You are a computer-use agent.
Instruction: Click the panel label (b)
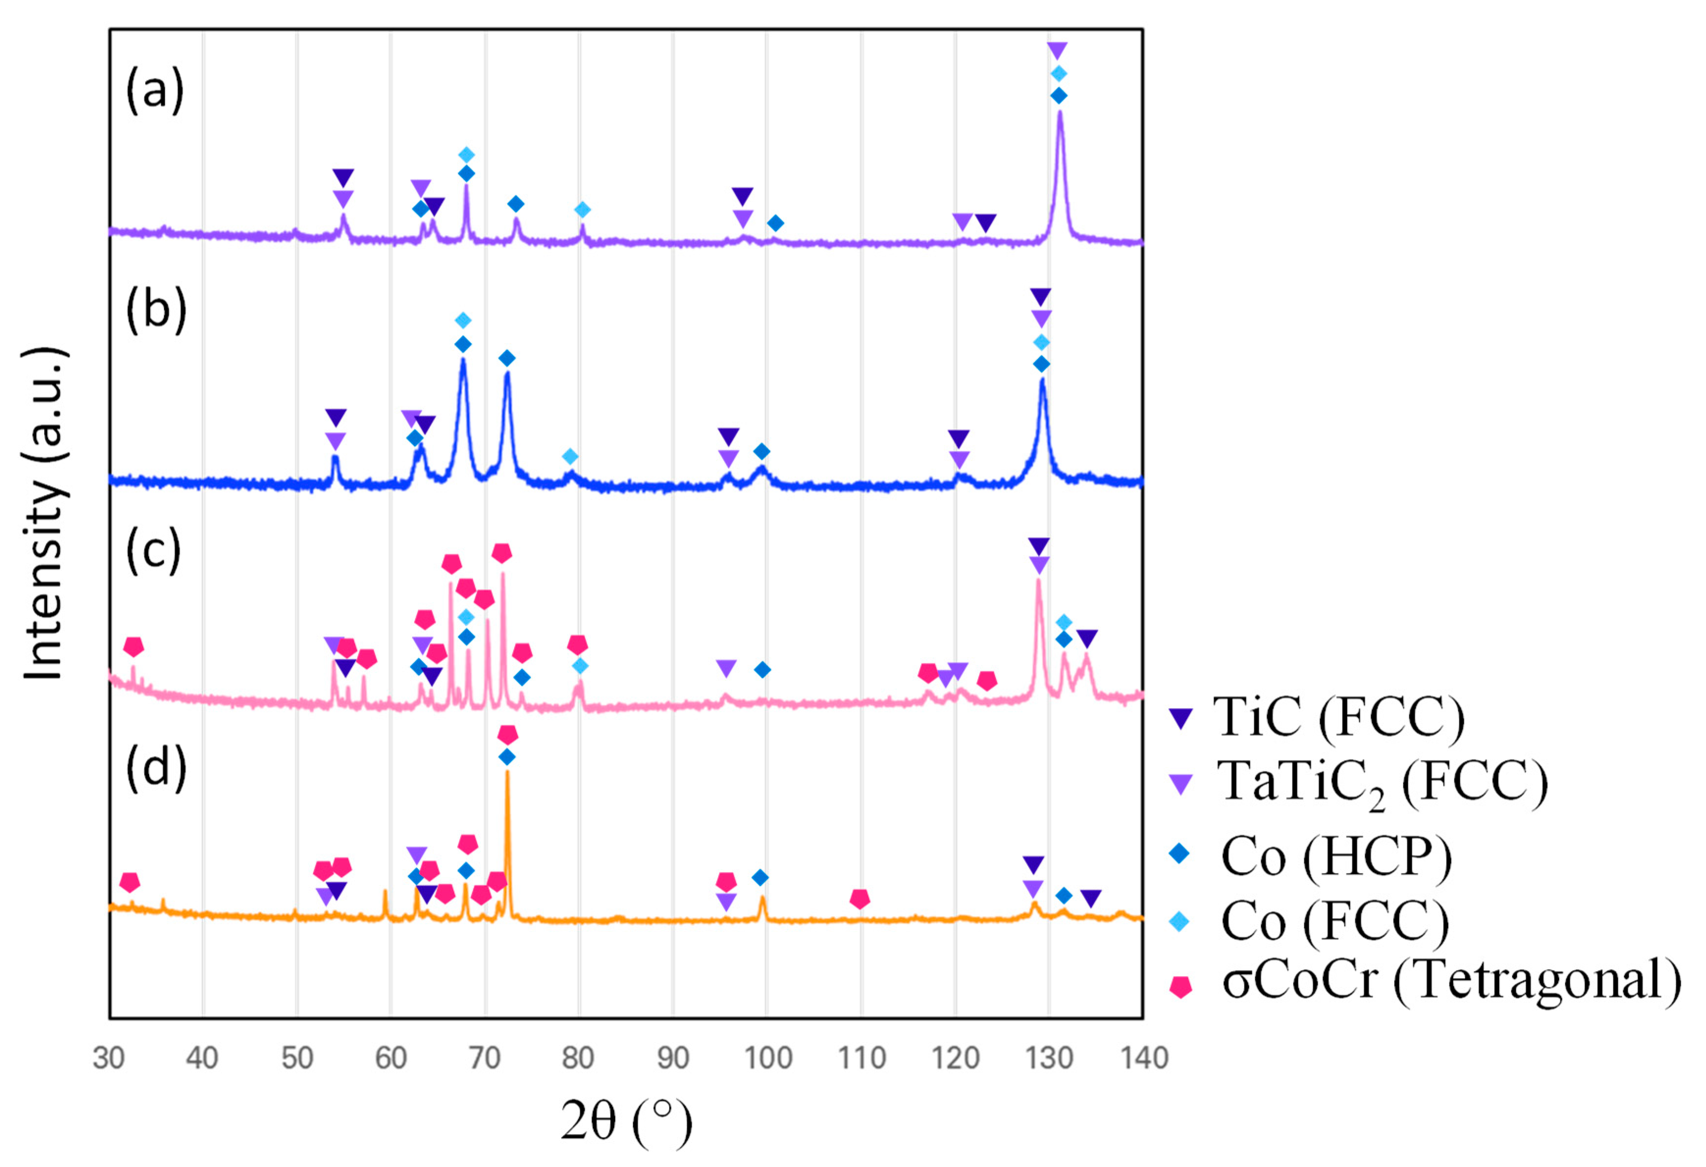(155, 310)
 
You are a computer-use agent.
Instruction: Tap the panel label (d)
(155, 768)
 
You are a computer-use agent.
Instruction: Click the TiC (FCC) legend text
(1338, 717)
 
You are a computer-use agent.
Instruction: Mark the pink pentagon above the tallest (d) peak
(507, 735)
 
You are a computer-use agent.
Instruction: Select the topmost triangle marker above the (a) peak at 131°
(1057, 51)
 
